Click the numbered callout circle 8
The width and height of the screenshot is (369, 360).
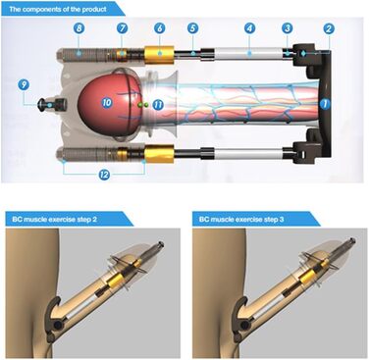pyautogui.click(x=79, y=28)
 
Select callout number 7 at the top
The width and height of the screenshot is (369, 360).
pyautogui.click(x=122, y=28)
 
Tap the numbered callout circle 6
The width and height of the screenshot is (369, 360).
pyautogui.click(x=159, y=28)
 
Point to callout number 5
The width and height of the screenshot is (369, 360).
pyautogui.click(x=193, y=28)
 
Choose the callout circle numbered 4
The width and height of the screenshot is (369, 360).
pyautogui.click(x=249, y=28)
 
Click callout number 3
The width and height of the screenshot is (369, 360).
pyautogui.click(x=288, y=28)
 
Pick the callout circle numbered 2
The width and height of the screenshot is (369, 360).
pyautogui.click(x=329, y=28)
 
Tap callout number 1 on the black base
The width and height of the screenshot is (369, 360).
pyautogui.click(x=325, y=104)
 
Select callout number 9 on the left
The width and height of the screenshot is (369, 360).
pyautogui.click(x=24, y=85)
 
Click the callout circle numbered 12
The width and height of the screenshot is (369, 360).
pyautogui.click(x=104, y=175)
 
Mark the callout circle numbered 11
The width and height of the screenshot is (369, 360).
pyautogui.click(x=158, y=105)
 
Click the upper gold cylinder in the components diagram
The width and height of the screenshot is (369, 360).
pyautogui.click(x=159, y=53)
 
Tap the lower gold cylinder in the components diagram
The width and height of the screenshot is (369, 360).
pyautogui.click(x=159, y=154)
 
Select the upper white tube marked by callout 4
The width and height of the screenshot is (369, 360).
pyautogui.click(x=247, y=53)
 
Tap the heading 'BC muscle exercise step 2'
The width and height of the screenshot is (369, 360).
pyautogui.click(x=55, y=220)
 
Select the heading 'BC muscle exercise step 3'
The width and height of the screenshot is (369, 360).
pyautogui.click(x=241, y=220)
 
